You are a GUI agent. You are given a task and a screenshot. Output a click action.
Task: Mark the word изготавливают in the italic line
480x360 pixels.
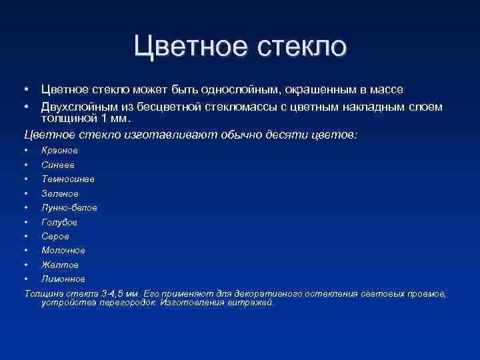click(161, 135)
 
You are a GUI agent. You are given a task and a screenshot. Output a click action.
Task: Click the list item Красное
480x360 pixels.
click(59, 151)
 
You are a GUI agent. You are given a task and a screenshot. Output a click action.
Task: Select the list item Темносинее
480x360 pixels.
click(67, 179)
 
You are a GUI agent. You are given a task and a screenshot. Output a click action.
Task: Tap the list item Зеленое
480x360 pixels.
click(60, 193)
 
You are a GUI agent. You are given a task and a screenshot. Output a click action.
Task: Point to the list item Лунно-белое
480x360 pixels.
click(69, 207)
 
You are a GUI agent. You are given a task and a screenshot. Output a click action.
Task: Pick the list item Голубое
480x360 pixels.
click(59, 222)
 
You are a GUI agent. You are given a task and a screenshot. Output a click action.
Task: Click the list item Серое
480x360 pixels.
click(55, 236)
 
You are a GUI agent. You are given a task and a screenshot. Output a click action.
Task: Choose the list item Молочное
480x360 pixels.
click(63, 250)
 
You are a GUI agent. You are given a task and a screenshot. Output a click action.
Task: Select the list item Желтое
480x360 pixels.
click(60, 265)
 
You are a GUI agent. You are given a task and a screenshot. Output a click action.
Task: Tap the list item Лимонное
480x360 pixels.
click(63, 279)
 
